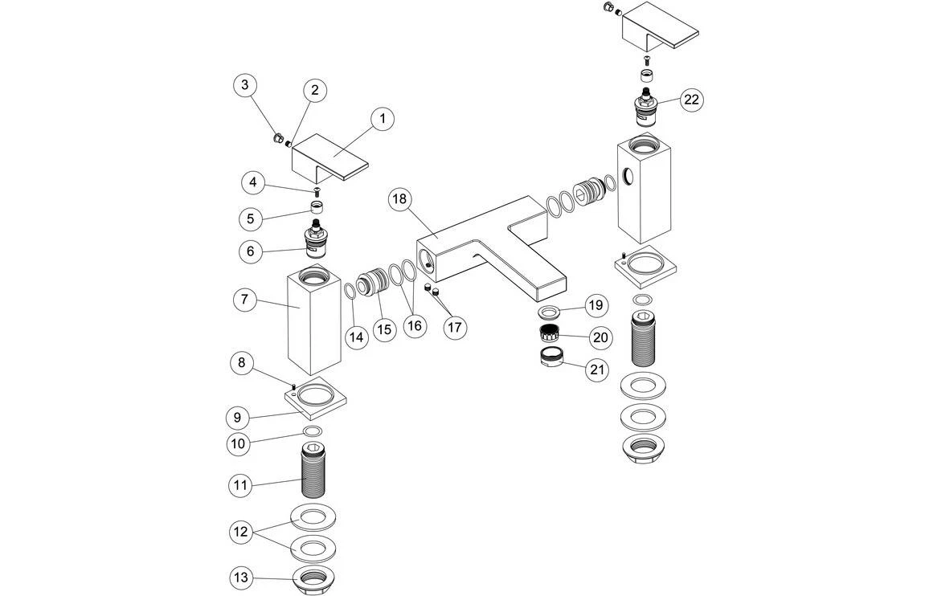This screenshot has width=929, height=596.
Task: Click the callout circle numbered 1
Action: (383, 119)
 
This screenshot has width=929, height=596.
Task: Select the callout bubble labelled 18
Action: (399, 200)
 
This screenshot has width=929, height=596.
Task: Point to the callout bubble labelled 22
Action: (691, 99)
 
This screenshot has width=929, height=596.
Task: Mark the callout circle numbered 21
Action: (595, 369)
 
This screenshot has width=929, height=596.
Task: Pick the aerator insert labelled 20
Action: (549, 333)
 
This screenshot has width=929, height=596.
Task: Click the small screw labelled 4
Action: (316, 190)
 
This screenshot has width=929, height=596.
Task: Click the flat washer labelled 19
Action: (549, 312)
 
